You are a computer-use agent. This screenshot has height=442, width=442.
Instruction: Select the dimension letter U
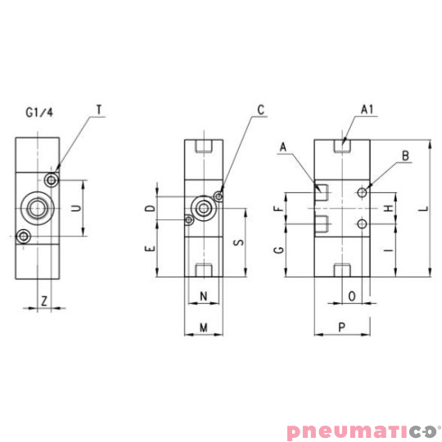(75, 209)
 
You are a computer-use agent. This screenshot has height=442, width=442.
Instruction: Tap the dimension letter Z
(43, 301)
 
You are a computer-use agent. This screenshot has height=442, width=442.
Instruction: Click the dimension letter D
(150, 208)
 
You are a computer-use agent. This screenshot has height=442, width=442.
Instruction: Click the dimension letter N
(203, 295)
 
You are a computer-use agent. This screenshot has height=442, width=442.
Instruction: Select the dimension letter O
(352, 295)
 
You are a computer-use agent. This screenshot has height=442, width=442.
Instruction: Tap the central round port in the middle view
(201, 208)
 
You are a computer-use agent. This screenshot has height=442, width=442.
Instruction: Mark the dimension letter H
(389, 209)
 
